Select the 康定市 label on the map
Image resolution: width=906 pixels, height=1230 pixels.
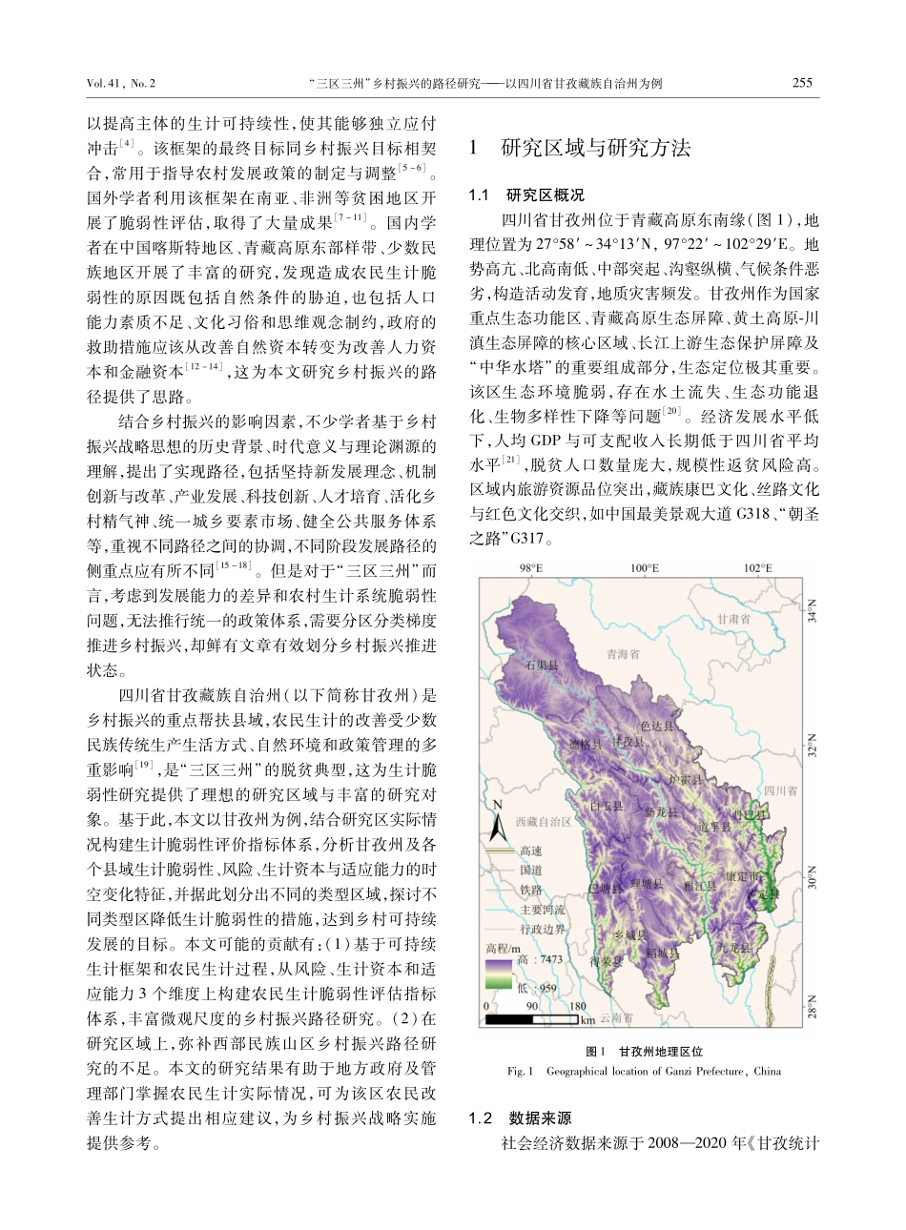[x=743, y=874]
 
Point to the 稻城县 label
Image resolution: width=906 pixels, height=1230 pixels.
[x=662, y=953]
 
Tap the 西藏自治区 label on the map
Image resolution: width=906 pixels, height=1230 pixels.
[x=542, y=821]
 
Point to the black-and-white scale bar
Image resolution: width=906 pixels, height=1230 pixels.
[x=533, y=1019]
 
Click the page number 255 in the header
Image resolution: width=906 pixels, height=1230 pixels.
[x=802, y=83]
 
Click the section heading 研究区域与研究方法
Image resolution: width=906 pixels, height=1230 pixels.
[x=595, y=148]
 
